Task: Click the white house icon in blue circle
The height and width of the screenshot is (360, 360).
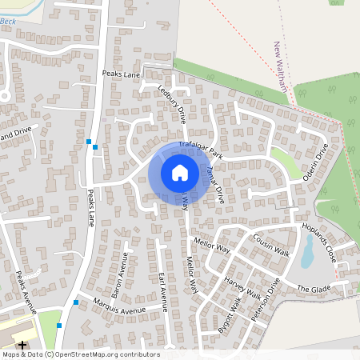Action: [x=180, y=172]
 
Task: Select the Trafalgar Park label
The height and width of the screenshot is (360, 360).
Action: [x=201, y=144]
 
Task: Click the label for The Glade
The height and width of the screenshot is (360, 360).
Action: [x=314, y=288]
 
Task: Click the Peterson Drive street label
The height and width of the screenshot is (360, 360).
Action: [x=267, y=300]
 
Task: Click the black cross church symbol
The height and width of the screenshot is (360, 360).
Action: [x=22, y=346]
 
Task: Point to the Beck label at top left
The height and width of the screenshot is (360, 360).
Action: [x=8, y=20]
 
